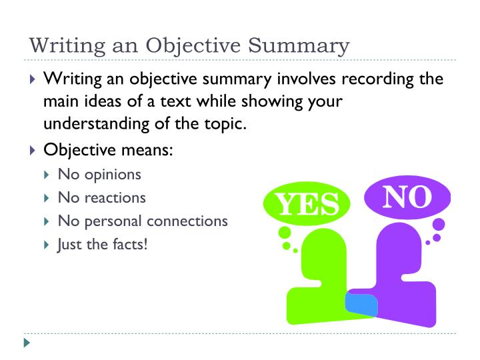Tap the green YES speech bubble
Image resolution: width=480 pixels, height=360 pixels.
307,204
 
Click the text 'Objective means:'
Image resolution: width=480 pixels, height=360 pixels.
109,150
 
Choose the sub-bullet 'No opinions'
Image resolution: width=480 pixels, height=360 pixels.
99,175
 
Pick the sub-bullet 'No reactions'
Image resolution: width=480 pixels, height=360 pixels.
101,198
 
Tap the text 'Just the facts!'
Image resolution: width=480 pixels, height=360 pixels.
103,243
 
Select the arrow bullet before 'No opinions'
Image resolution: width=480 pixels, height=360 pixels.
46,176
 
